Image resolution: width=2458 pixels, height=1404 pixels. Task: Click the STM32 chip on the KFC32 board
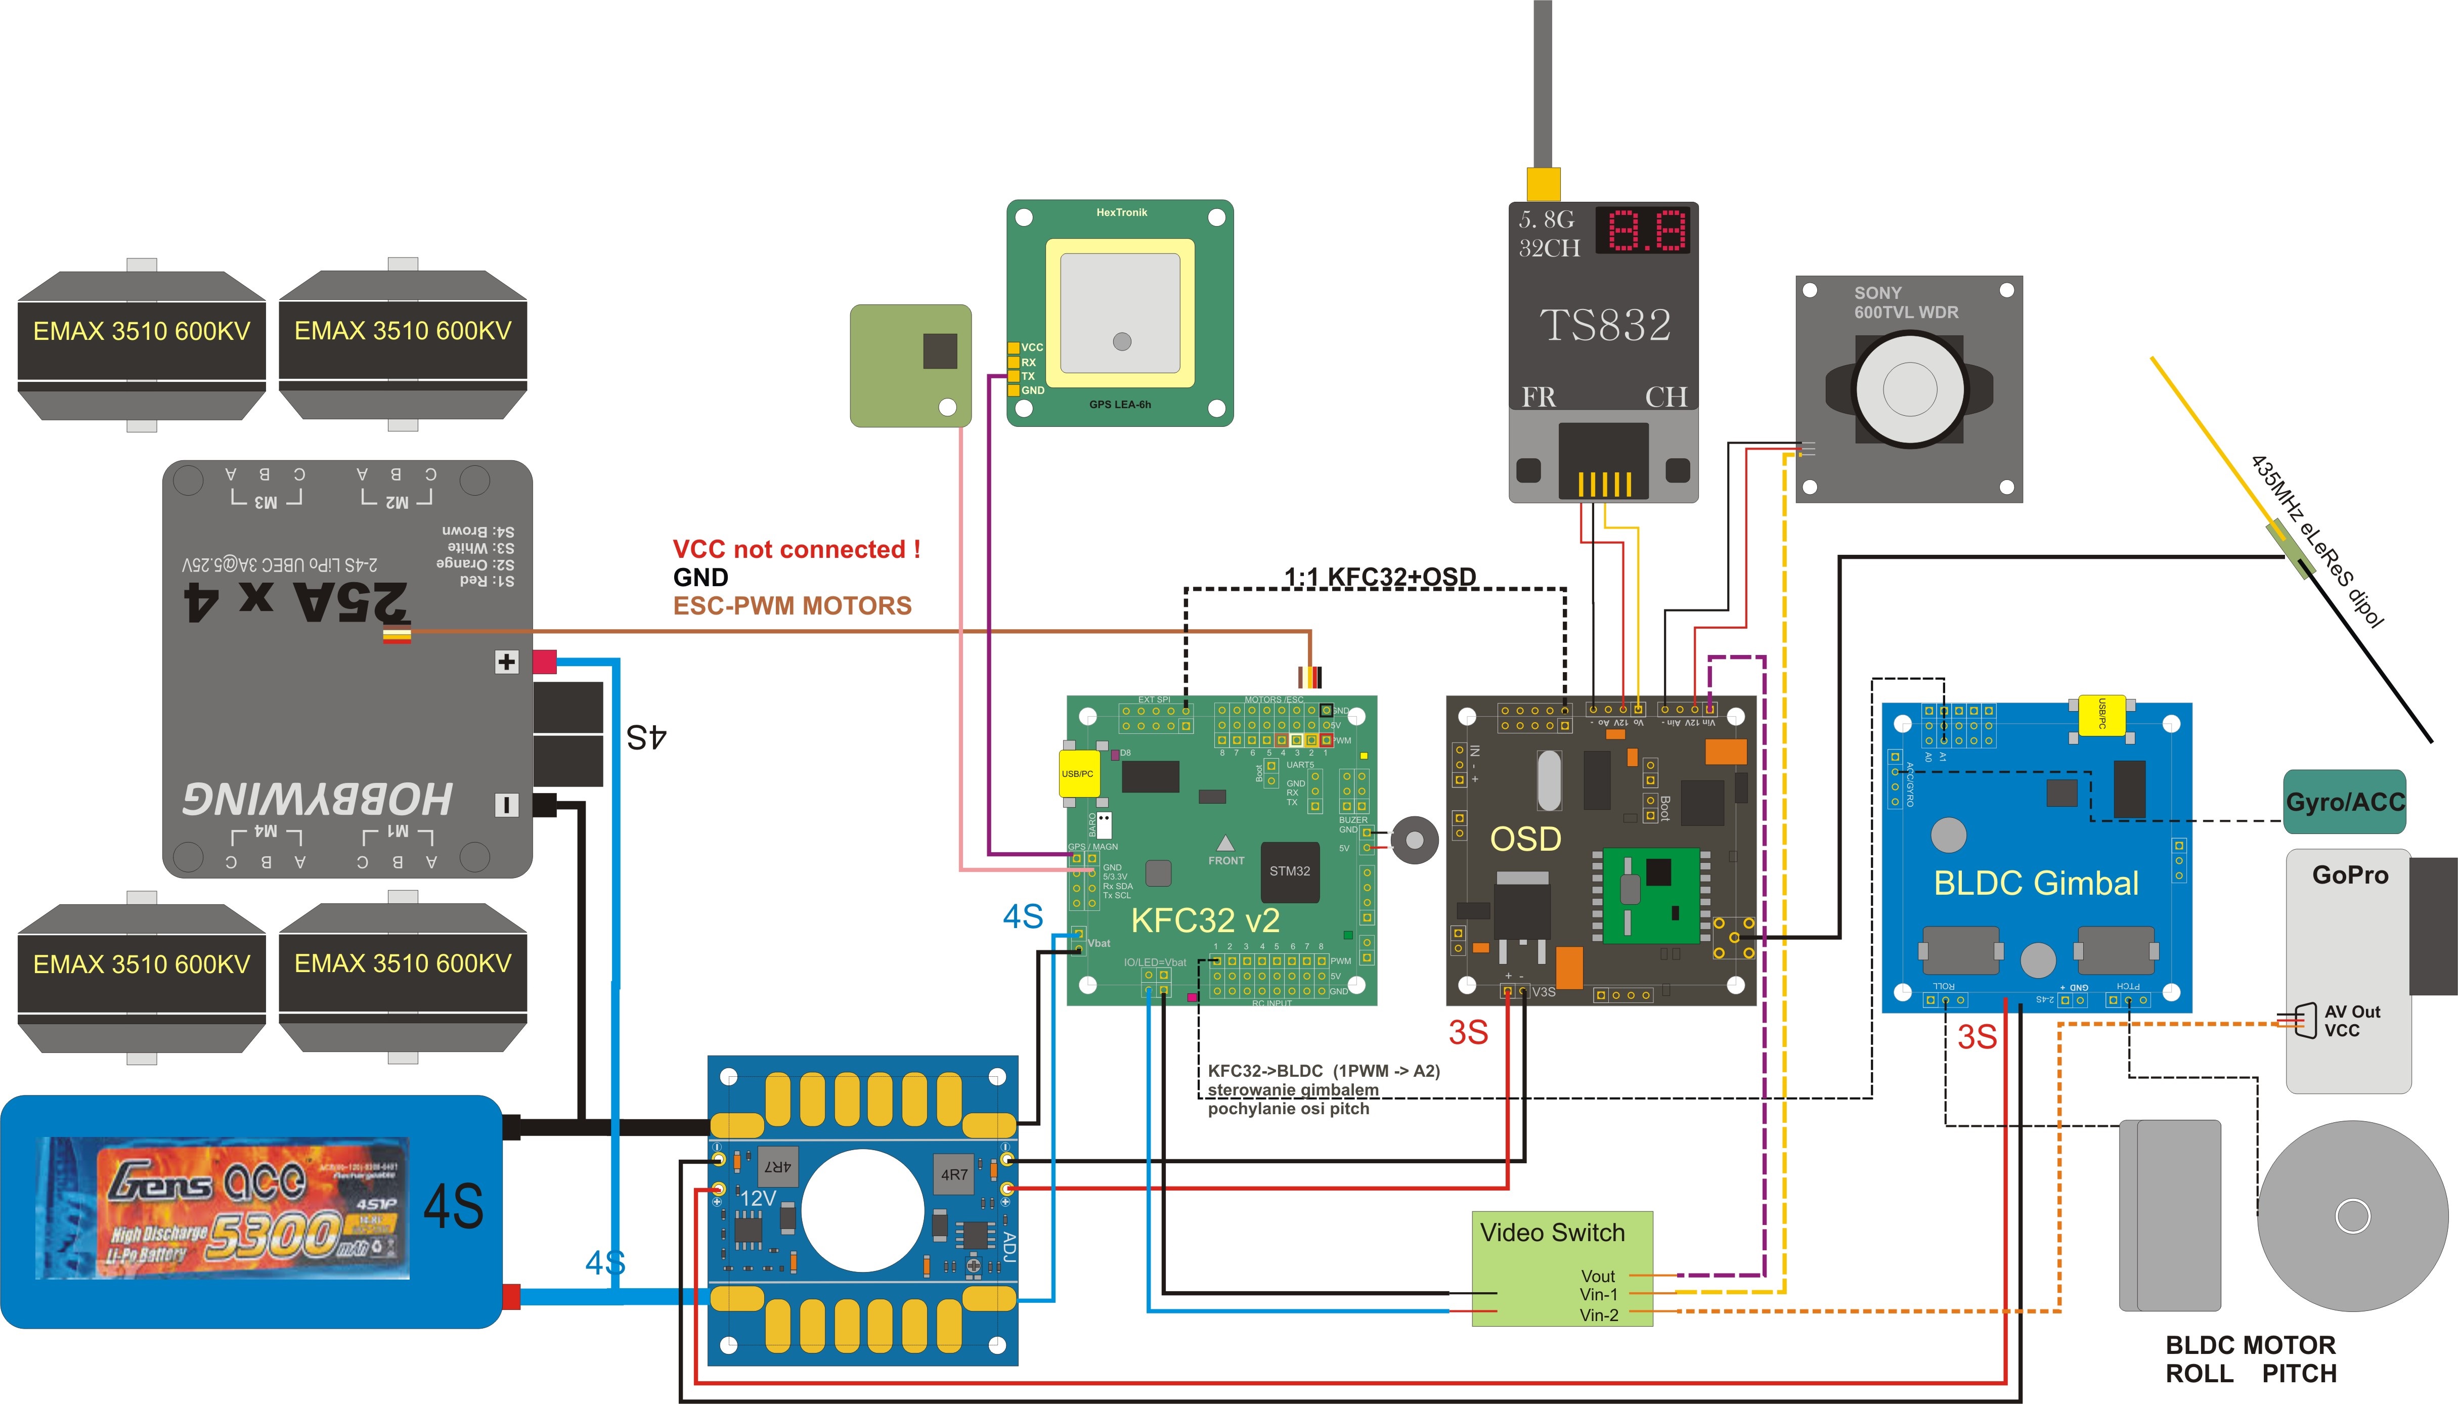click(x=1289, y=871)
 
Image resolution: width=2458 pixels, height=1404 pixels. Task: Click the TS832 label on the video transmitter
click(x=1605, y=325)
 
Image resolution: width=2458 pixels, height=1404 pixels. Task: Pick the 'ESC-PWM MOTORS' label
click(x=792, y=605)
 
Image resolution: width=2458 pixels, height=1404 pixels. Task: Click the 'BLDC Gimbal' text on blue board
click(x=2036, y=883)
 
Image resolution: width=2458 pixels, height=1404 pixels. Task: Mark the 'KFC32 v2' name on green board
click(x=1204, y=920)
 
